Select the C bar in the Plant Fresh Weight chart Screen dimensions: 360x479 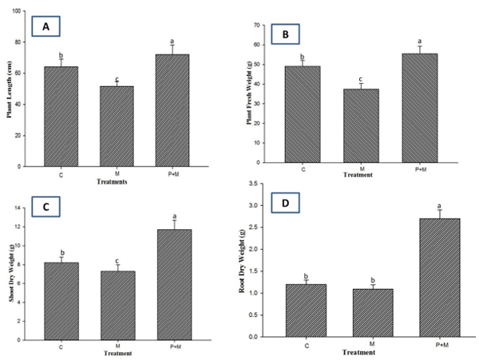(303, 115)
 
